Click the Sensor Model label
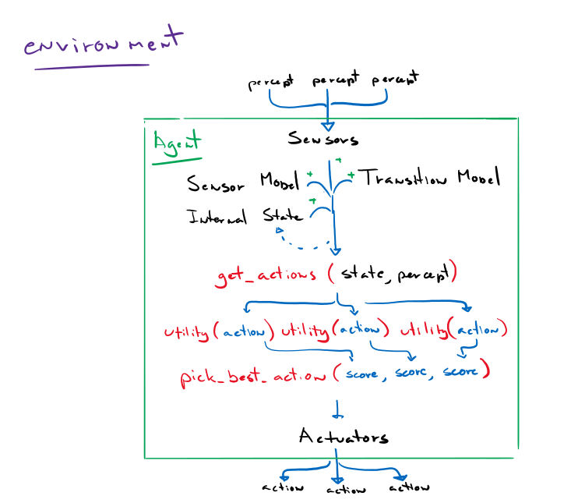[x=244, y=184]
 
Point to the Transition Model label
[x=429, y=179]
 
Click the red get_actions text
[x=266, y=275]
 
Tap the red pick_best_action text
[x=252, y=375]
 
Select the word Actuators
[x=343, y=436]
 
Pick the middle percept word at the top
[x=337, y=80]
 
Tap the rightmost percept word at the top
[x=395, y=80]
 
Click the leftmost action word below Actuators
[x=282, y=488]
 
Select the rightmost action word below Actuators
[x=408, y=487]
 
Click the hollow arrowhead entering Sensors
[x=328, y=124]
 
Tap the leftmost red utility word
[x=187, y=331]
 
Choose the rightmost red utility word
[x=425, y=330]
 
